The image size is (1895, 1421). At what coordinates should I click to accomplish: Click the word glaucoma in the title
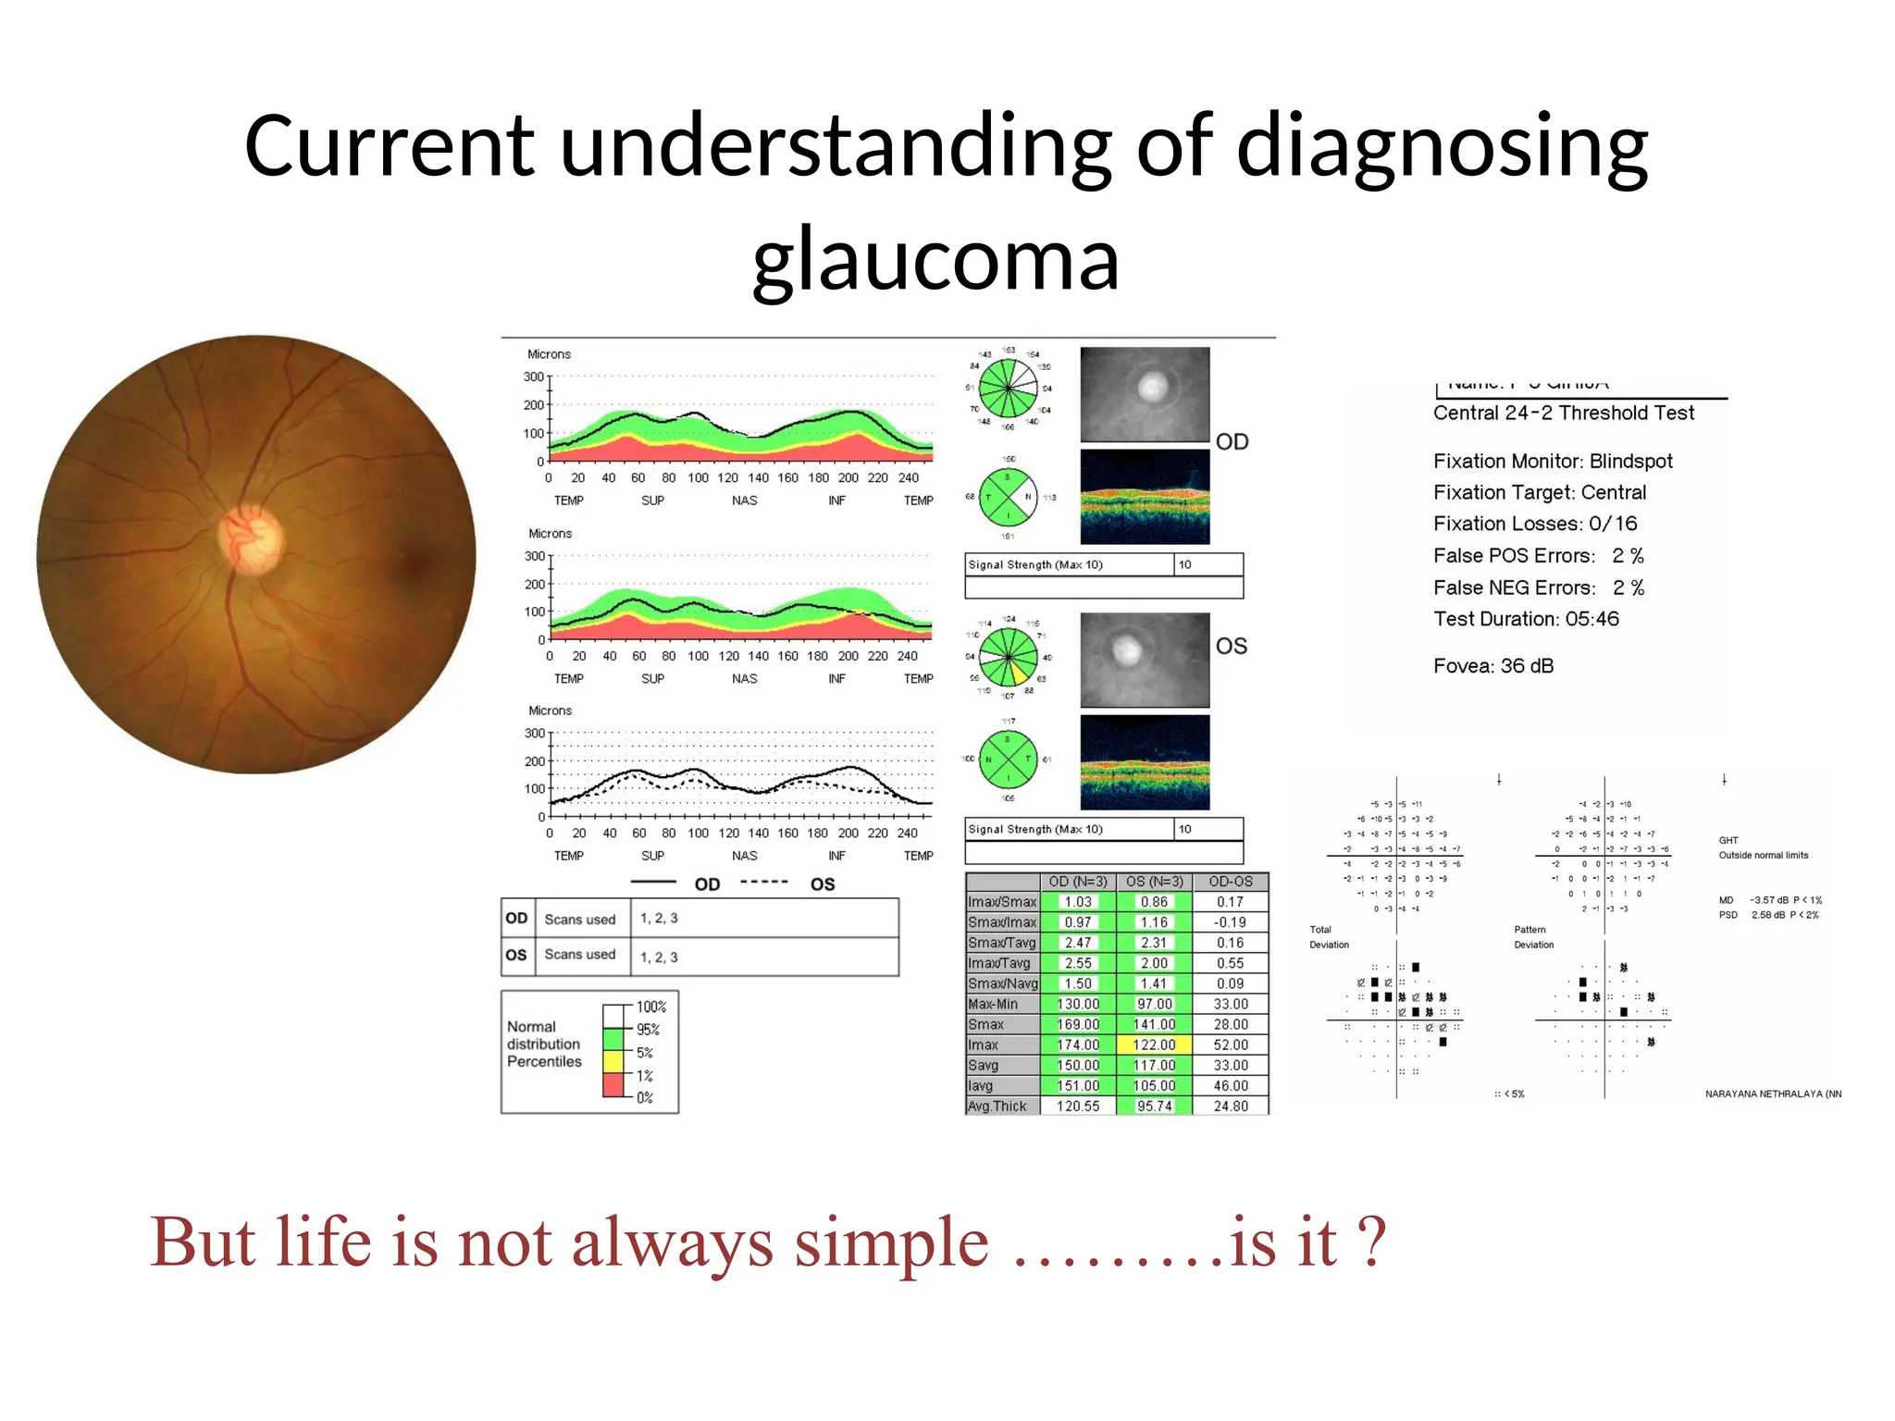point(935,260)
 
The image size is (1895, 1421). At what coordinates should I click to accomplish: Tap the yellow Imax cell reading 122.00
point(1154,1044)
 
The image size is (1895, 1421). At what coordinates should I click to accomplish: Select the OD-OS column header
point(1230,882)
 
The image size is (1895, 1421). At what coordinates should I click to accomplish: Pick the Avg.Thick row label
point(997,1106)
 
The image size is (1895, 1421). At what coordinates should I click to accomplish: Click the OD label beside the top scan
point(1232,441)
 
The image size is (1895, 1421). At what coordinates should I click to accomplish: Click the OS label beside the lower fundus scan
point(1231,646)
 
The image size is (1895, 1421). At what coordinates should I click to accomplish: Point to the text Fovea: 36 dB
point(1492,666)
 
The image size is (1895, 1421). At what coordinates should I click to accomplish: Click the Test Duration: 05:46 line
point(1526,619)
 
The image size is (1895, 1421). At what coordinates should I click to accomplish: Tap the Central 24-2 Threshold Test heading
point(1563,414)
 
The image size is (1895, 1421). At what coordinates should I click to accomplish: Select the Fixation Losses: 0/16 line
point(1534,524)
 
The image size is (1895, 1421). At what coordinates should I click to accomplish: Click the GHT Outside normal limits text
point(1762,848)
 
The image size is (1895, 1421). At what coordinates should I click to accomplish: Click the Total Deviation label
point(1328,937)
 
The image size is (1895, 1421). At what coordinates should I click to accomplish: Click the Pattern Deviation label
point(1533,937)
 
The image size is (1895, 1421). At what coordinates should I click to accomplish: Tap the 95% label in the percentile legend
point(648,1030)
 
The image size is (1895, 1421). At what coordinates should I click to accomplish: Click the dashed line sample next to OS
point(764,883)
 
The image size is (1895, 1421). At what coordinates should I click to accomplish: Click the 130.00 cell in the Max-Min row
point(1078,1004)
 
